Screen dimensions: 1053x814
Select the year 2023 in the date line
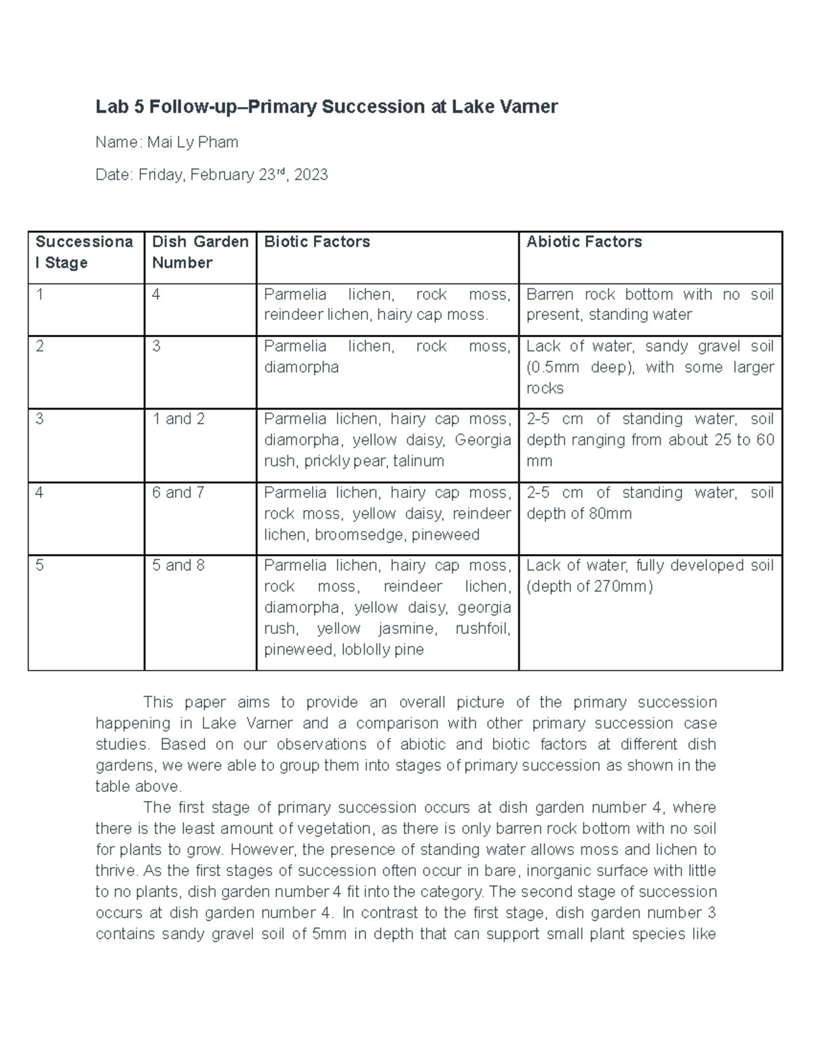[x=311, y=175]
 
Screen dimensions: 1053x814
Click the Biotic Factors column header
[x=317, y=242]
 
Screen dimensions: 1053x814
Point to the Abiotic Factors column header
[x=583, y=242]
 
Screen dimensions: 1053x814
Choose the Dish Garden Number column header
[x=199, y=252]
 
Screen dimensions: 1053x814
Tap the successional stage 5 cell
[x=39, y=565]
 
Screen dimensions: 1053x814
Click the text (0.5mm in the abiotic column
[x=553, y=367]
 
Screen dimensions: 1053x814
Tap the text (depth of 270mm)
[x=589, y=587]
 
